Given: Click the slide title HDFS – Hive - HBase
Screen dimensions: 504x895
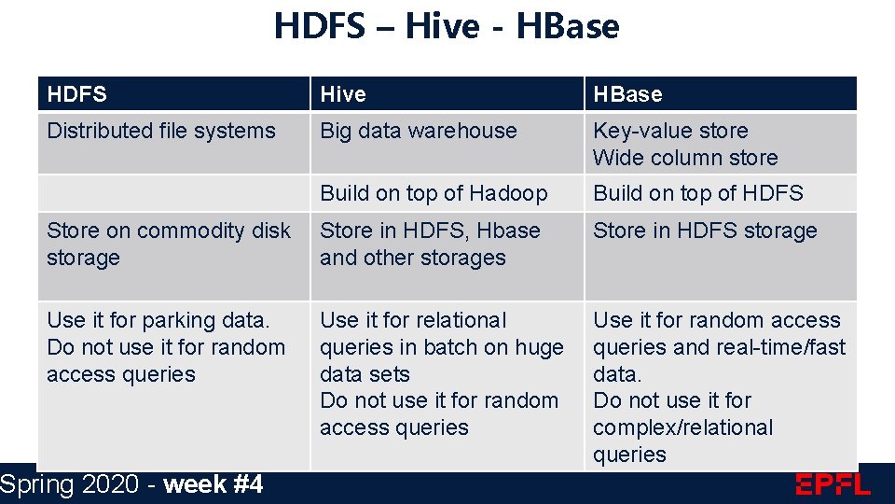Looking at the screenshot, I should [x=447, y=26].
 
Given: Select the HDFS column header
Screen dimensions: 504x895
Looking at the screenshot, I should [x=76, y=94].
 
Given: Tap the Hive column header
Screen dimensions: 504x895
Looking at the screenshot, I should [x=342, y=94].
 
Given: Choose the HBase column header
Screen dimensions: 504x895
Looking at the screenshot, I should [x=627, y=94].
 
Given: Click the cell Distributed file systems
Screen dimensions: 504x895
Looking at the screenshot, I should [x=161, y=131].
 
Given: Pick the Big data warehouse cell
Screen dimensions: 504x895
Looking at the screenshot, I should [x=418, y=131].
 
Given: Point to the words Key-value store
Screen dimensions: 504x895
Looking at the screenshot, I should [x=670, y=131].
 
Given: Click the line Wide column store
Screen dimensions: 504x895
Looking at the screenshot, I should [x=685, y=158].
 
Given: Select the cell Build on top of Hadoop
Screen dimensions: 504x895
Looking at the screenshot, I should [x=434, y=193].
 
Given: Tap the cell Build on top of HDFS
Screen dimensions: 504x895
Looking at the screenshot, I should [x=697, y=193].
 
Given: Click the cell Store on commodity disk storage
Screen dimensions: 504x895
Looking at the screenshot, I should [x=168, y=244].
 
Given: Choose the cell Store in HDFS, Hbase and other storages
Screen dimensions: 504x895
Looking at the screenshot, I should [x=429, y=244].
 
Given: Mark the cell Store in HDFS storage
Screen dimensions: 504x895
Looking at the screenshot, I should [x=705, y=231].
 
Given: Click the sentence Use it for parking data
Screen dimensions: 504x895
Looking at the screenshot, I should [x=158, y=320].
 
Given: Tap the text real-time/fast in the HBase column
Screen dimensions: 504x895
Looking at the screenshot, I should [x=789, y=347].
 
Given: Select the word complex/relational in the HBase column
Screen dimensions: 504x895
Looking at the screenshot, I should [x=682, y=427].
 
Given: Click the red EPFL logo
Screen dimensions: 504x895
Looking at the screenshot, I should [x=833, y=484].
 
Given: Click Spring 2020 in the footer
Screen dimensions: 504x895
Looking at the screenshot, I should [x=76, y=484].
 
